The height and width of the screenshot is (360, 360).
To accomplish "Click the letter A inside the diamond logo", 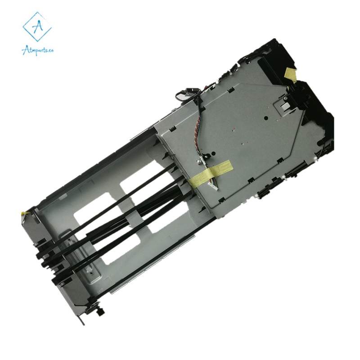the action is (37, 27).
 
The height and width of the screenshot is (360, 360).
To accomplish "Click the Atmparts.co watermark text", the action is (38, 50).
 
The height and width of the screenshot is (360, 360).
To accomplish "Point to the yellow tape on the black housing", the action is (290, 75).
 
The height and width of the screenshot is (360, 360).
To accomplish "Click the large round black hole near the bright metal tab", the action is (266, 118).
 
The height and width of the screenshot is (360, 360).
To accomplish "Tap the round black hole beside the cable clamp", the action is (213, 153).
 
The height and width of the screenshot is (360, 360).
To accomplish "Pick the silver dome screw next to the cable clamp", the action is (199, 162).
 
